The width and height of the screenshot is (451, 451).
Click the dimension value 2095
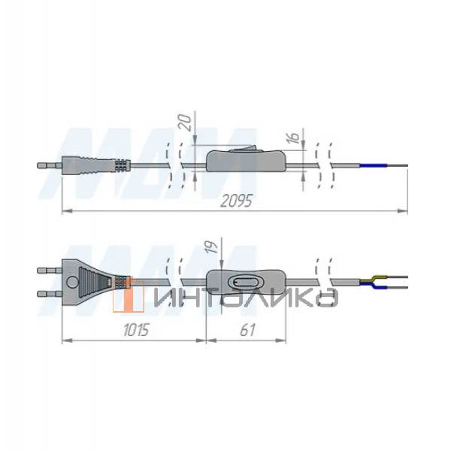[x=236, y=201]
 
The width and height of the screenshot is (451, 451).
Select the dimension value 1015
[x=136, y=330]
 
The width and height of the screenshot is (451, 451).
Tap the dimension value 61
[x=247, y=330]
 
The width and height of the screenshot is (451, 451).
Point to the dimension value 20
[x=186, y=123]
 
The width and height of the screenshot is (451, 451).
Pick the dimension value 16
[x=295, y=137]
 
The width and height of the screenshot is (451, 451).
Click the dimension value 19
[x=213, y=247]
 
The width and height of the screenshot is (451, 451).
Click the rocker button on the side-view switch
[x=241, y=148]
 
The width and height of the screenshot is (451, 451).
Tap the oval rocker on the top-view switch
[x=242, y=282]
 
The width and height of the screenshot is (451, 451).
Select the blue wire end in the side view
[x=373, y=165]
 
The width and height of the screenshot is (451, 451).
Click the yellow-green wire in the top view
[x=372, y=279]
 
